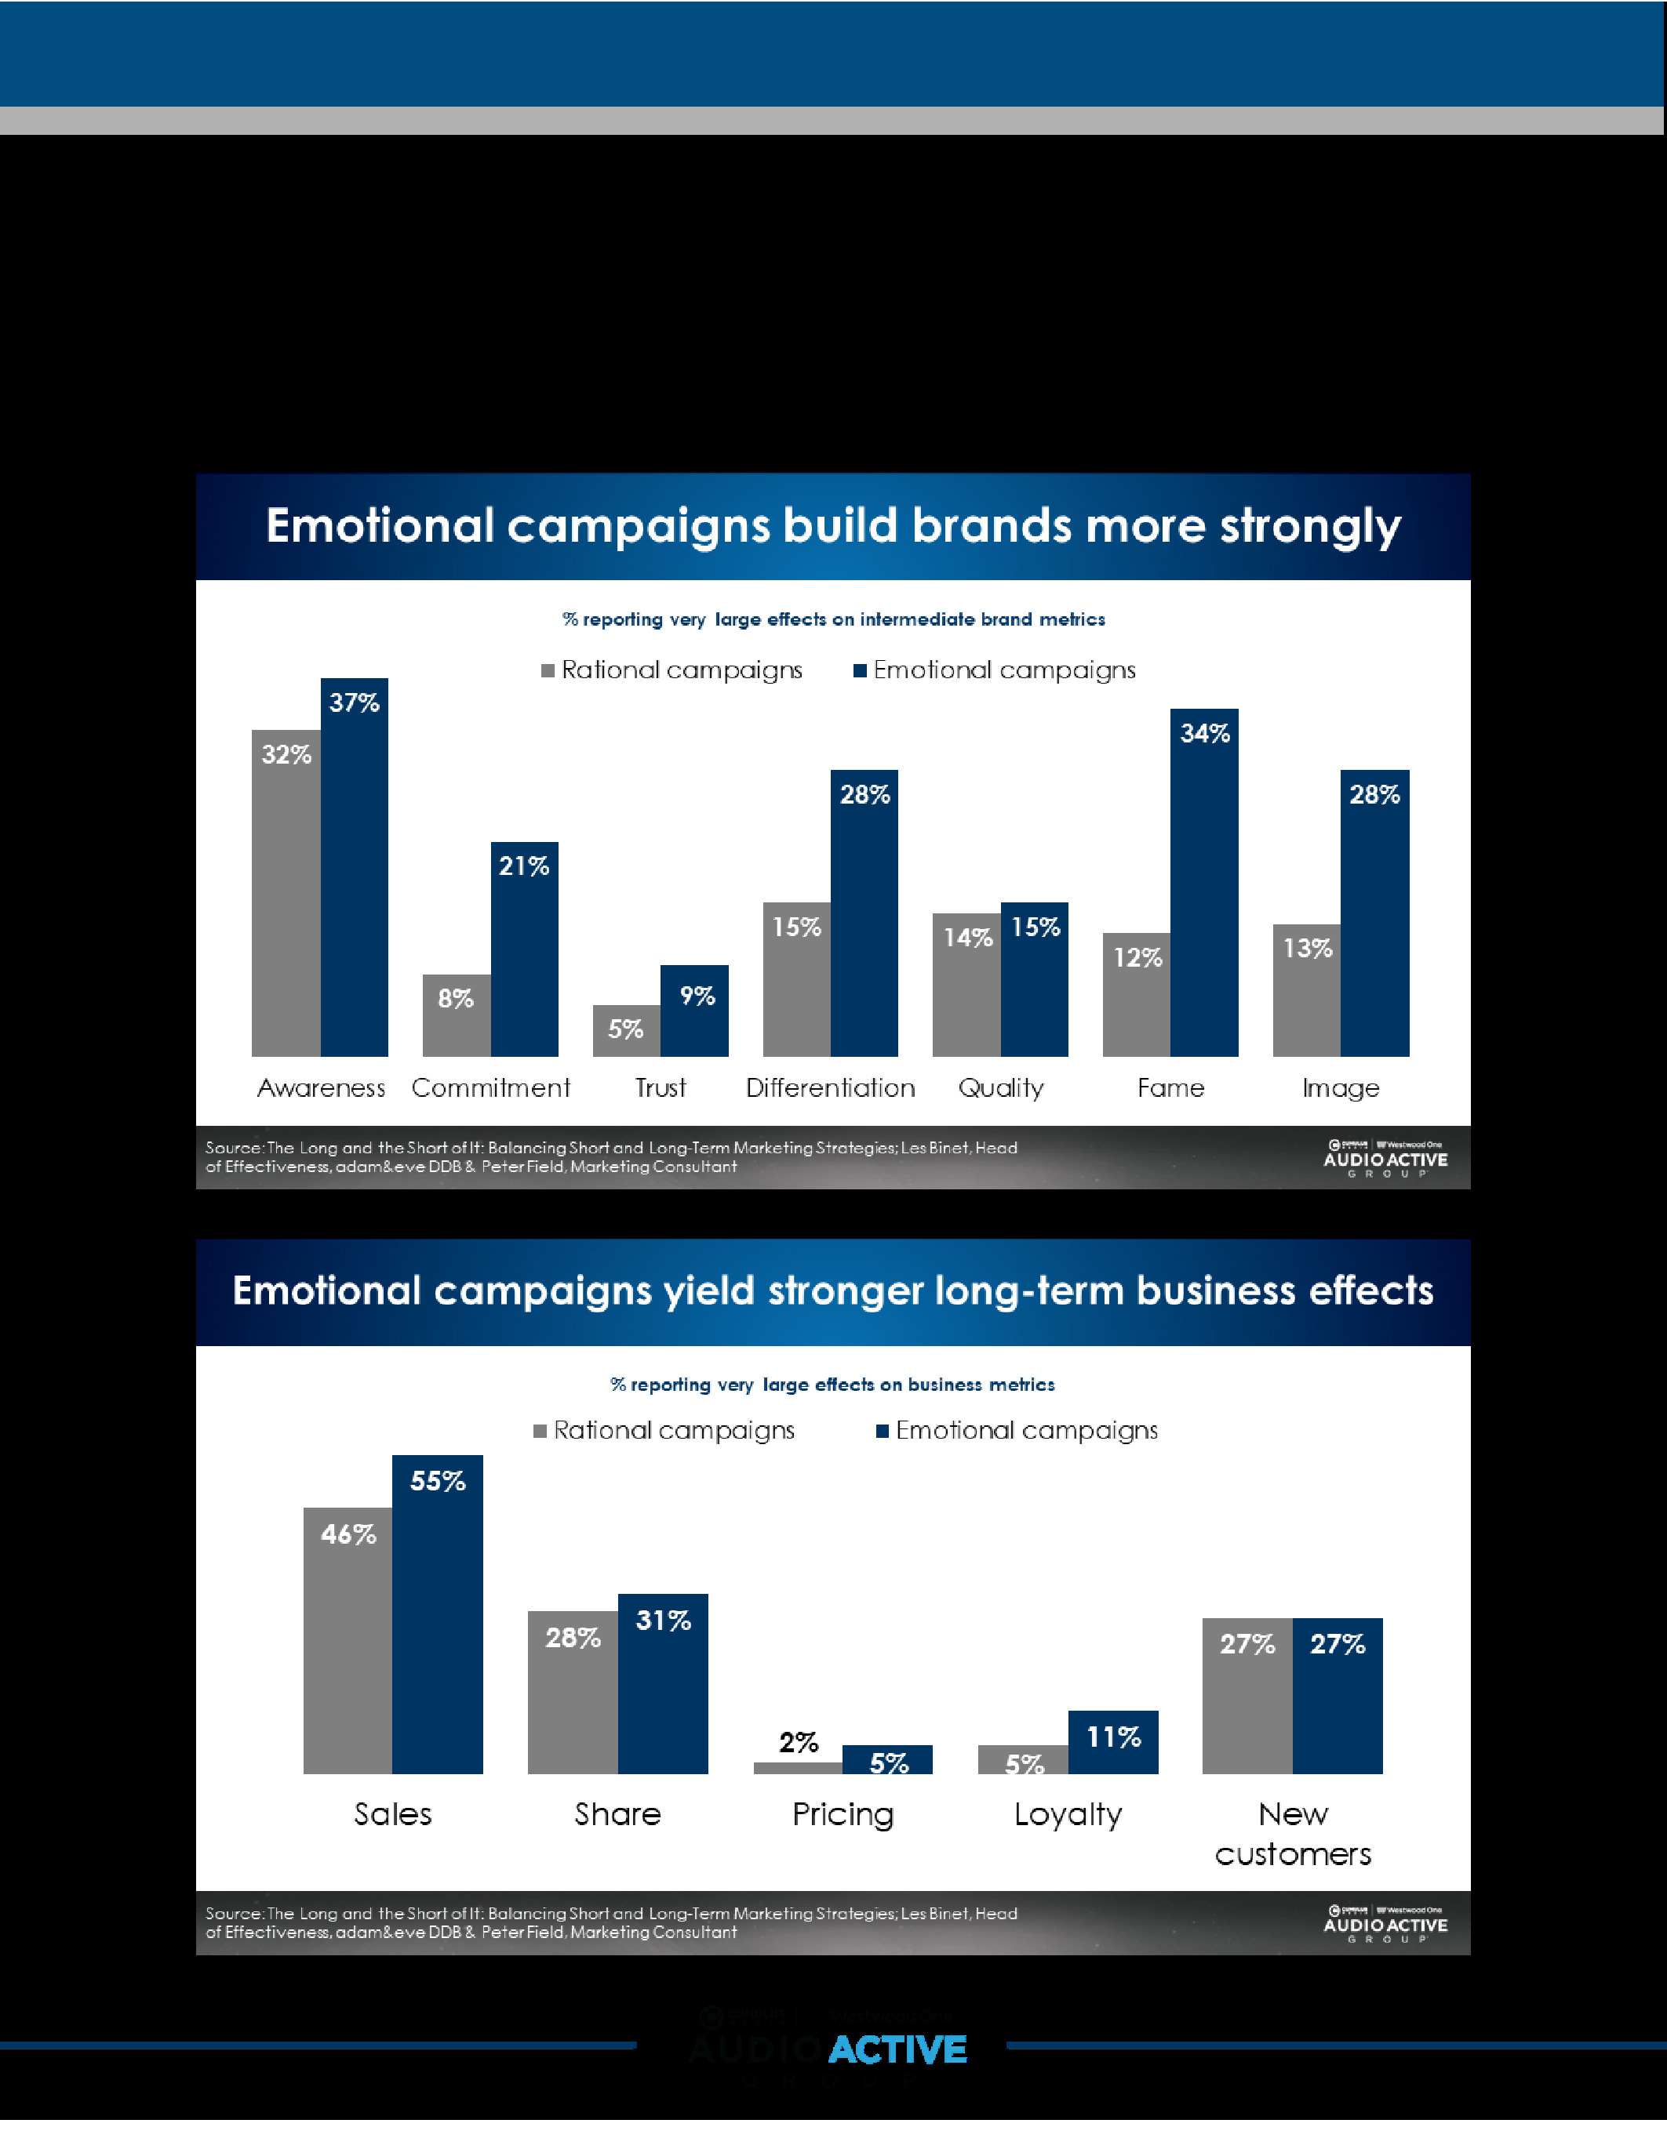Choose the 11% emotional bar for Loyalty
pos(1113,1741)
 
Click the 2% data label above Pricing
pos(798,1742)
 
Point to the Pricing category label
pos(843,1814)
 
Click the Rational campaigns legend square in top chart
pos(547,671)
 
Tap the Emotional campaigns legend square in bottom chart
pos(882,1432)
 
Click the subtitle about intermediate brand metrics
pos(833,619)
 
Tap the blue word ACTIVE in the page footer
pos(897,2049)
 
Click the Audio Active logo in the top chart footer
pos(1385,1158)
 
